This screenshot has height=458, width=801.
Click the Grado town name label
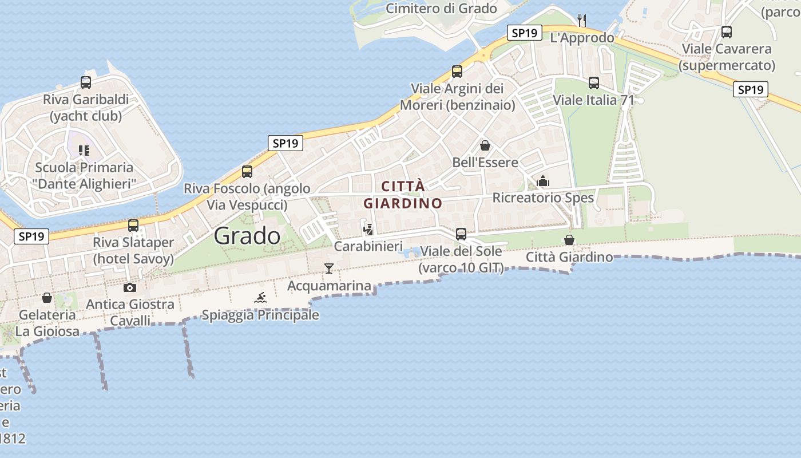247,236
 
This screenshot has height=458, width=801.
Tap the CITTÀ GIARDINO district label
403,195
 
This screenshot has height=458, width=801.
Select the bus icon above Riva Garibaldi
86,82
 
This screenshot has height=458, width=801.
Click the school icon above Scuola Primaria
85,151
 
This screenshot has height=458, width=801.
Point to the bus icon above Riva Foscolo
247,171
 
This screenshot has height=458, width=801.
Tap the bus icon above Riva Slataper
133,226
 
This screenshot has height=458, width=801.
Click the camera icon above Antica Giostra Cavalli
130,287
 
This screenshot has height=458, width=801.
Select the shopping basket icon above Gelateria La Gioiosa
47,298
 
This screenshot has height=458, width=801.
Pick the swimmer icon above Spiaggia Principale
260,298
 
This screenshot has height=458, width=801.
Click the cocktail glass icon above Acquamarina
328,268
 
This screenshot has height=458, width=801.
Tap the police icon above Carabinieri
368,229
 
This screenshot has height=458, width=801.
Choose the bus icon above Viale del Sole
461,234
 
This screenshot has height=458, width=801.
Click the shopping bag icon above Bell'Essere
485,145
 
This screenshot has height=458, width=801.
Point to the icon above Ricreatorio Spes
543,181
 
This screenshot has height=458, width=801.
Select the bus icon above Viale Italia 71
594,83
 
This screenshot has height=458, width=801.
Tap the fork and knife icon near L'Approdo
582,21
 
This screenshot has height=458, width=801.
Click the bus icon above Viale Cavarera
727,32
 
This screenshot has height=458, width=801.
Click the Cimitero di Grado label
441,8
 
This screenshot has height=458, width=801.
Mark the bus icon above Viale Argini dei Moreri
457,72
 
